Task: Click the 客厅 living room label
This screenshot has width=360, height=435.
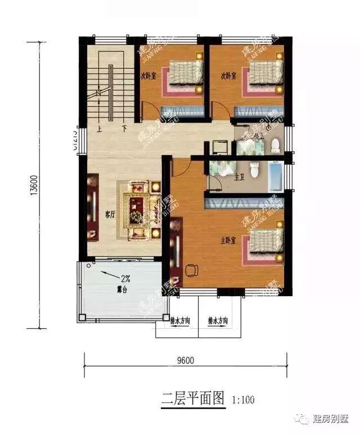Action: pos(110,214)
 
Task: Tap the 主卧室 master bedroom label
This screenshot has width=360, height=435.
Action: pos(228,241)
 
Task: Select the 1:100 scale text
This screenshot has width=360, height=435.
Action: pos(243,400)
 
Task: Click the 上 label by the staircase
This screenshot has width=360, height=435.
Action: pos(99,128)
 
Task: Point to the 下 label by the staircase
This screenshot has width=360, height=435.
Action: pos(123,128)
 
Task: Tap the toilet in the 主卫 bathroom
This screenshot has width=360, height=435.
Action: pos(255,169)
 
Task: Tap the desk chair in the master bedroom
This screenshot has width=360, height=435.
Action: pos(191,270)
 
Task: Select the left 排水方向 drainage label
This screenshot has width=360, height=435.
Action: pos(179,322)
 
